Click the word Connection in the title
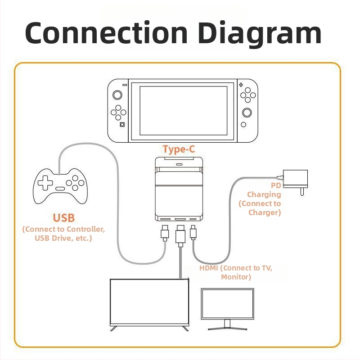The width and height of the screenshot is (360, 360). pyautogui.click(x=106, y=33)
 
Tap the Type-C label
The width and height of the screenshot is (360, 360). pyautogui.click(x=179, y=149)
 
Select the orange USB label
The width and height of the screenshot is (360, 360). pyautogui.click(x=63, y=218)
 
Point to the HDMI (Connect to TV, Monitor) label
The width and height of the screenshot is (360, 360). pyautogui.click(x=236, y=272)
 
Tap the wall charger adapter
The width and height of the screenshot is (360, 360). pyautogui.click(x=295, y=179)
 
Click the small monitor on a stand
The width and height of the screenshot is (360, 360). pyautogui.click(x=227, y=306)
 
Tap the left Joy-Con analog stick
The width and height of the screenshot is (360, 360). pyautogui.click(x=117, y=95)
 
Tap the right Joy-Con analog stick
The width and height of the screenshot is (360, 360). pyautogui.click(x=247, y=112)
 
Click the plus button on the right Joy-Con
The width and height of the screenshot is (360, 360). pyautogui.click(x=241, y=84)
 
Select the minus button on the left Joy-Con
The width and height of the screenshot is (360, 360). pyautogui.click(x=124, y=85)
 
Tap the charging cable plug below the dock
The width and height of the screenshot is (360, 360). pyautogui.click(x=193, y=233)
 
